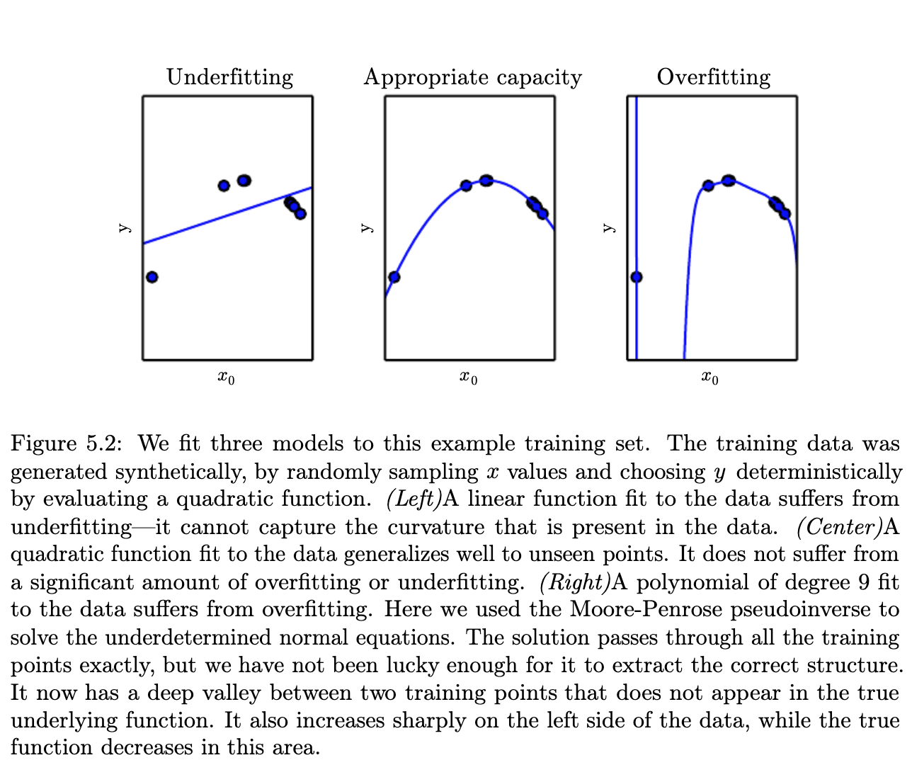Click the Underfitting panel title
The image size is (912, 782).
(229, 76)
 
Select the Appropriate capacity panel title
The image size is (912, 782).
(472, 76)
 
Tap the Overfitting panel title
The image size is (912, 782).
(713, 76)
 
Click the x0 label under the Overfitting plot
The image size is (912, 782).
(709, 378)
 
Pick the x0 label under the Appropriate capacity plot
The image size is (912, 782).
(468, 378)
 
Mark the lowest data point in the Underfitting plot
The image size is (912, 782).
(152, 277)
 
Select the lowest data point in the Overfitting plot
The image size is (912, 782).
(636, 277)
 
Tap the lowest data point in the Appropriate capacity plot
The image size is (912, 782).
(394, 277)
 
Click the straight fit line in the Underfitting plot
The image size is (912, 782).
(227, 215)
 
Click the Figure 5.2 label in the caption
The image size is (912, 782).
(67, 444)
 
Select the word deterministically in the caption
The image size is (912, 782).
(819, 472)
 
